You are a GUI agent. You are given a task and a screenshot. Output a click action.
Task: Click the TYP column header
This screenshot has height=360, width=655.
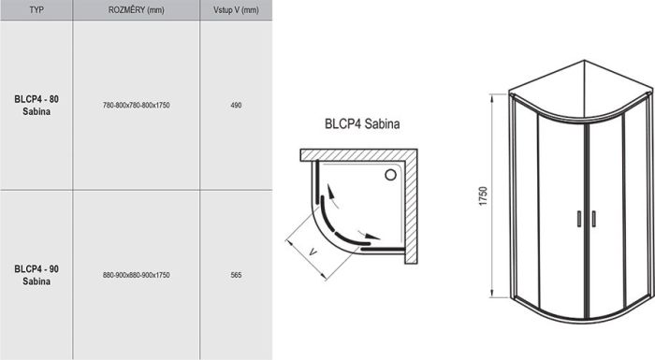[x=36, y=10]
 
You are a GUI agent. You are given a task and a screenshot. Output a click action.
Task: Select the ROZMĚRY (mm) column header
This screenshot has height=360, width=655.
[x=136, y=10]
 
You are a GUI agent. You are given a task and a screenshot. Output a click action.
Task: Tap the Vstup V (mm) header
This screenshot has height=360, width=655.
[x=235, y=10]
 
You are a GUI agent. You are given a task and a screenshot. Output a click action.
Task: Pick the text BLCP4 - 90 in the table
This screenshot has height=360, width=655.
[x=36, y=269]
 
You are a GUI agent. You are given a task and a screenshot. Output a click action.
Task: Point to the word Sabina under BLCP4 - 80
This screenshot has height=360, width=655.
[x=36, y=111]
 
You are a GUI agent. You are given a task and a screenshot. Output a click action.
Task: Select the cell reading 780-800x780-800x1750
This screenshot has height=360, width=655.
[x=136, y=106]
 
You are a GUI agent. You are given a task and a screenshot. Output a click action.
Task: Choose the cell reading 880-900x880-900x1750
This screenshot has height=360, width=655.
[x=136, y=275]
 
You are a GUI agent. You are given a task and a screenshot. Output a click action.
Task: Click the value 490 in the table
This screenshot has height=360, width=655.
[x=236, y=106]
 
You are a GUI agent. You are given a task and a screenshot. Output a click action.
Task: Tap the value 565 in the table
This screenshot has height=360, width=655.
[x=236, y=275]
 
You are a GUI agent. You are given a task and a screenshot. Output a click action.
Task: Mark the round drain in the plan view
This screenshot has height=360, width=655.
[x=391, y=174]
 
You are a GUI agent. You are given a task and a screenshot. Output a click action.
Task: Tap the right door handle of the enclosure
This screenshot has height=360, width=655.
[x=591, y=218]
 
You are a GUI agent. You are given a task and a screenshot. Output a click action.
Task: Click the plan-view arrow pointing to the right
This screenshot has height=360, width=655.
[x=371, y=237]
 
